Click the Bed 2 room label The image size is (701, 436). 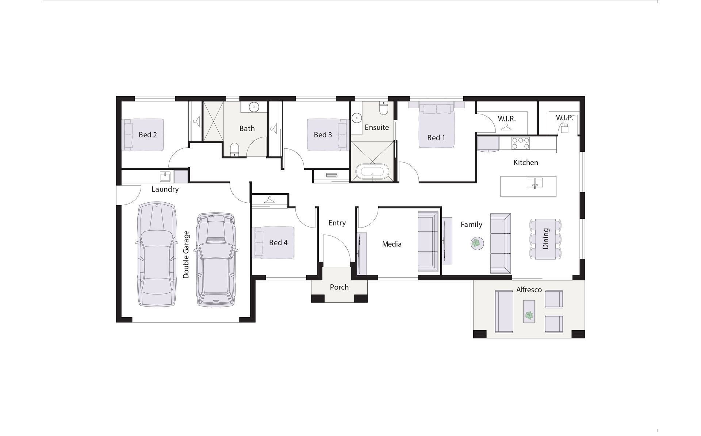coord(148,135)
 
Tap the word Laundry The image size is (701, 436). coord(165,189)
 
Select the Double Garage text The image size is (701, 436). coord(186,255)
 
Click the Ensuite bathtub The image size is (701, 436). coord(372,172)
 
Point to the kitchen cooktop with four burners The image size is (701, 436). coord(521,143)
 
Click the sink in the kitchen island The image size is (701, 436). coord(535,183)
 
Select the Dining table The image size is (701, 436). coord(545,239)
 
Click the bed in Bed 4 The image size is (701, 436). coord(274,243)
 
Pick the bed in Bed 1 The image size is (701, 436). coord(436,126)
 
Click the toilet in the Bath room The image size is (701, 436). coord(235,149)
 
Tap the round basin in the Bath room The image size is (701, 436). coord(254,107)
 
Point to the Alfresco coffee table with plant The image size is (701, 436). coord(529,311)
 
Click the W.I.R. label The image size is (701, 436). coord(507,119)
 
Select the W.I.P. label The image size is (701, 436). coord(564,118)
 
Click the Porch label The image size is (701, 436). coord(339,287)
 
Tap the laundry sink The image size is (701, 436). coord(165,176)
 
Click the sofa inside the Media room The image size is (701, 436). coord(428,241)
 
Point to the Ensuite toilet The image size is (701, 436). coord(384,108)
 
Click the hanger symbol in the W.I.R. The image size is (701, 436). coord(506,127)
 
